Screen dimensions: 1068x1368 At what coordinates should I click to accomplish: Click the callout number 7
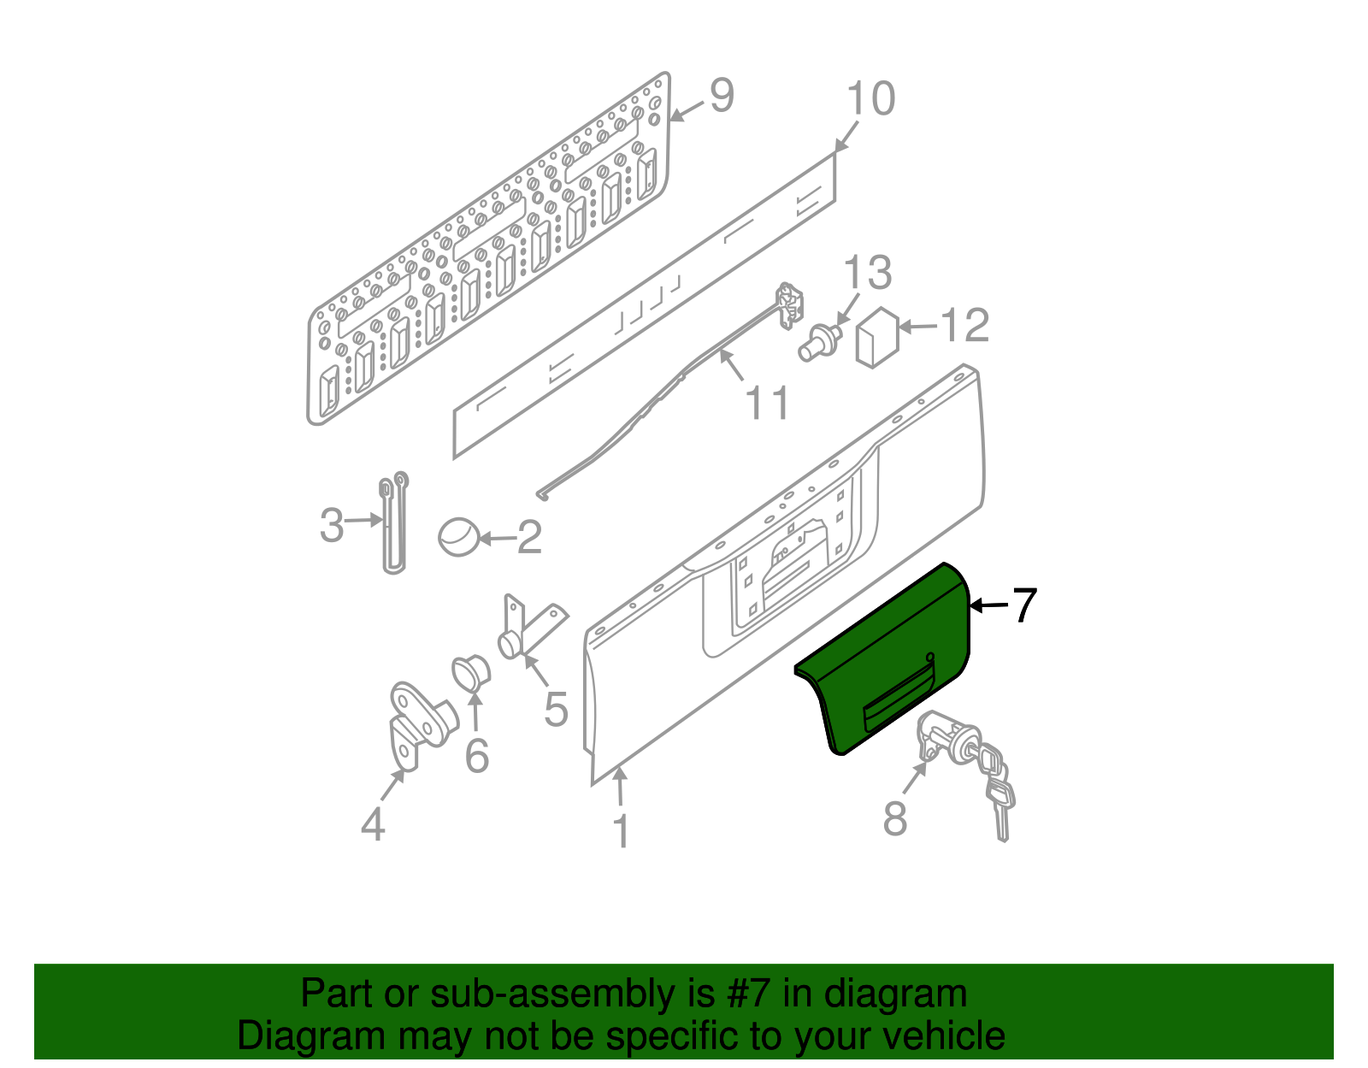(1024, 605)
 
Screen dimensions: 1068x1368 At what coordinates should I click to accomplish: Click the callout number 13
(867, 273)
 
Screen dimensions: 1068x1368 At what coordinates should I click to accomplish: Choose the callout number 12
(964, 326)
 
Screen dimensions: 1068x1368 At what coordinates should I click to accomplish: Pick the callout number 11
(768, 403)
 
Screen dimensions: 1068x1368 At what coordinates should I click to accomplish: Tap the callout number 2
(529, 538)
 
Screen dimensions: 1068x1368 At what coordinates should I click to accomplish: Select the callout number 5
(556, 709)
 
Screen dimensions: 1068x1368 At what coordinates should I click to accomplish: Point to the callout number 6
(476, 755)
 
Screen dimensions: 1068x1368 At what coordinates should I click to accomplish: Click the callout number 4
(373, 825)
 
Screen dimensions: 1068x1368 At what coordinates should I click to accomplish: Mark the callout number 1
(622, 831)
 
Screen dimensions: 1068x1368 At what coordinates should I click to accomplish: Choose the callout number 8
(894, 818)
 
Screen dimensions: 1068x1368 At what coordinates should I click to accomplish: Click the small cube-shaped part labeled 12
(876, 339)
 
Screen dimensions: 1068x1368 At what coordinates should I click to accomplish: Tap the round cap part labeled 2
(459, 536)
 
